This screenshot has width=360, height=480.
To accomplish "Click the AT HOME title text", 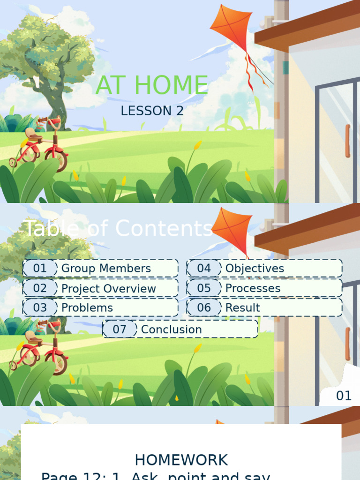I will [152, 85].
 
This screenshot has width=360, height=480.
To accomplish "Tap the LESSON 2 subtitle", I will [152, 111].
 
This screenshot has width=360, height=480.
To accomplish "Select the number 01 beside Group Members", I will [40, 269].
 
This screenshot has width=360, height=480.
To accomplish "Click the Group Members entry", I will [106, 269].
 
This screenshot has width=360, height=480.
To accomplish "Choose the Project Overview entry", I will [108, 289].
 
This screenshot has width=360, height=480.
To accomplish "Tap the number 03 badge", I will [40, 308].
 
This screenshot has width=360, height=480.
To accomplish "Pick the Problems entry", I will [87, 308].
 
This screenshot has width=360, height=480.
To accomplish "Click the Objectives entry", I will [255, 269].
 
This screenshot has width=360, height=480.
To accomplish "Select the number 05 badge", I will [204, 288].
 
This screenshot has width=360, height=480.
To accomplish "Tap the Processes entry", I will [253, 288].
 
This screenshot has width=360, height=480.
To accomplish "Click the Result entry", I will [242, 308].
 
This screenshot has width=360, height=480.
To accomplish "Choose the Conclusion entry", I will [171, 330].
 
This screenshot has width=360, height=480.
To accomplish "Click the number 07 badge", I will [120, 330].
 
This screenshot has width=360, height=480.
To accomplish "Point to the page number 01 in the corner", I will [344, 396].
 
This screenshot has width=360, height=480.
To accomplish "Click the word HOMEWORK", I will [181, 460].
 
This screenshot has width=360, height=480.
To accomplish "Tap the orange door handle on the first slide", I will [347, 141].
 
